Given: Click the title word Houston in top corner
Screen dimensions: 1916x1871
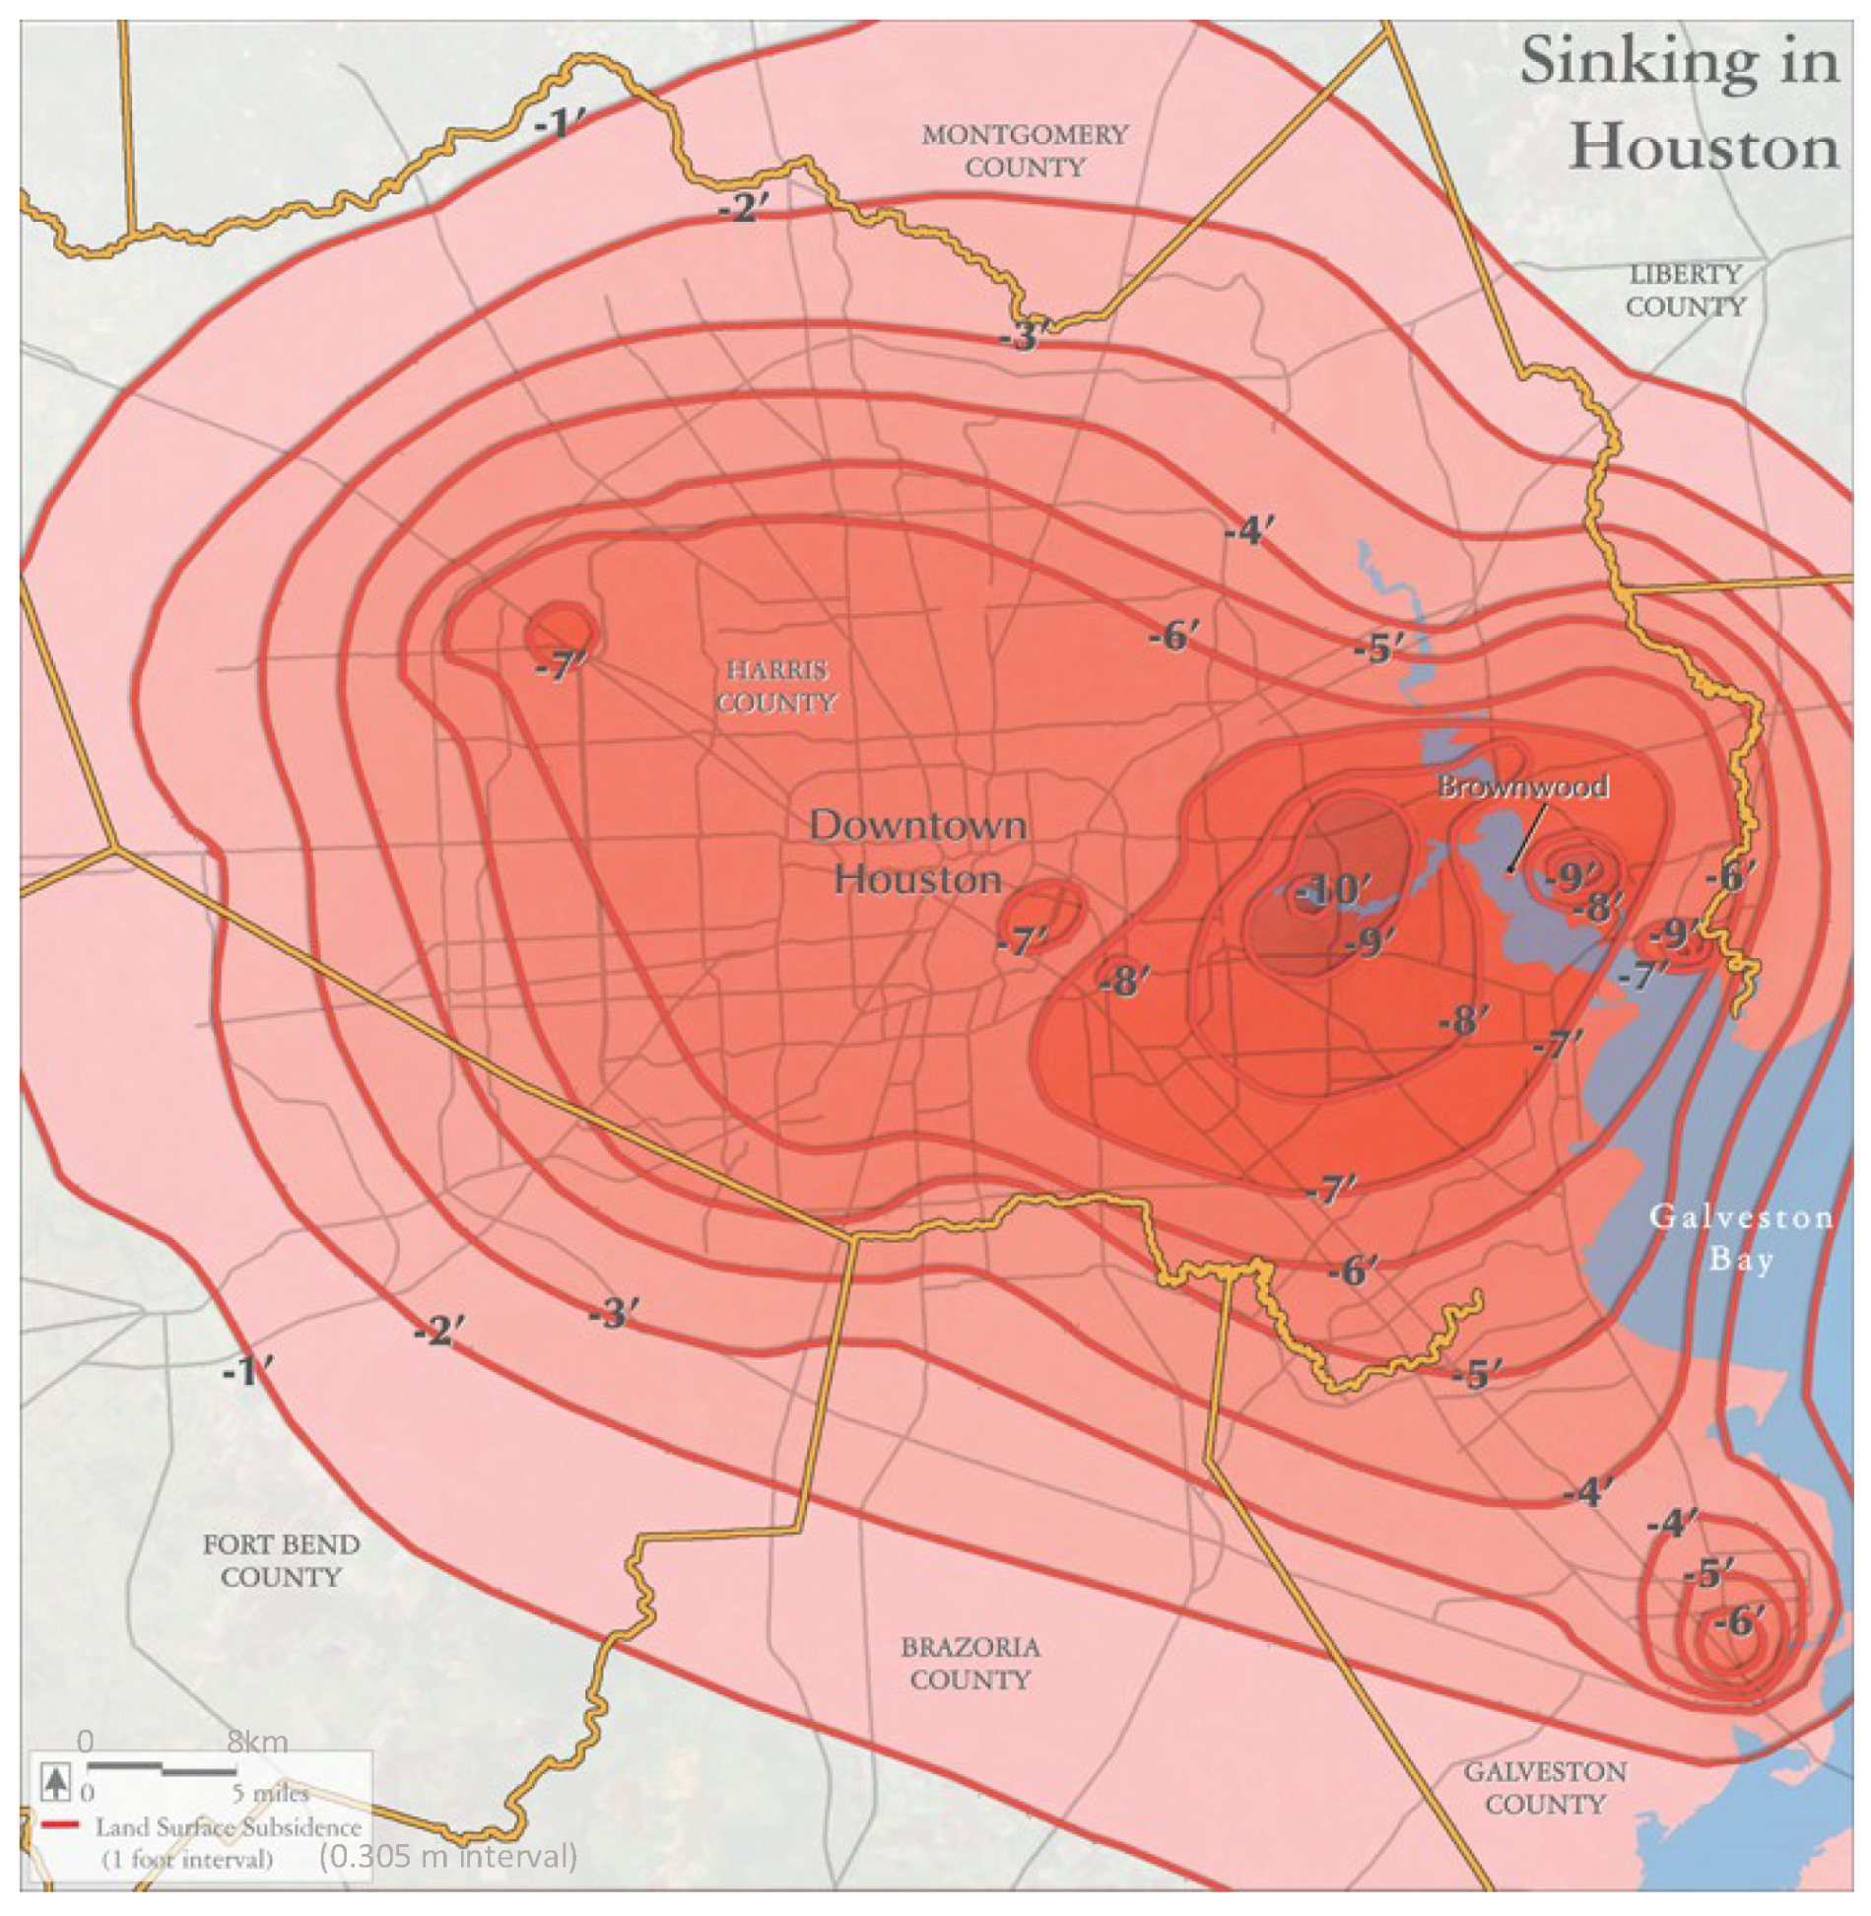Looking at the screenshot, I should [x=1704, y=148].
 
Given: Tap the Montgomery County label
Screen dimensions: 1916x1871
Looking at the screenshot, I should [x=1025, y=151].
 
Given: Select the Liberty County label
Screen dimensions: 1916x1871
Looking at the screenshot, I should [x=1685, y=291].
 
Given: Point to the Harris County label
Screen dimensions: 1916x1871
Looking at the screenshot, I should [x=776, y=687].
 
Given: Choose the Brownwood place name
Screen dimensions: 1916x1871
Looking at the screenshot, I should [x=1523, y=787].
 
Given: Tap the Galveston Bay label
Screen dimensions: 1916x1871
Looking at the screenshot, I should [x=1741, y=1238].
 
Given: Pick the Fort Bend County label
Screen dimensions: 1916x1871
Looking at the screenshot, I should [x=281, y=1560].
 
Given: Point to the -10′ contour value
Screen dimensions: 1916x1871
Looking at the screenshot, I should [x=1332, y=890].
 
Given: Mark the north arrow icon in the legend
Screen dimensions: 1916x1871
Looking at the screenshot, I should [x=57, y=1782].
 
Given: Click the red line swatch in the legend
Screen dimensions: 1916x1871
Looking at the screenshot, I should [x=60, y=1825].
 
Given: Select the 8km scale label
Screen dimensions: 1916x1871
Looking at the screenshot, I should [x=257, y=1742].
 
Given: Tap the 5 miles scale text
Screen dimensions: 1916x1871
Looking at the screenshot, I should [x=270, y=1792].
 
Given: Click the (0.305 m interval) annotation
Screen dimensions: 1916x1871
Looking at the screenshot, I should [x=448, y=1857].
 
